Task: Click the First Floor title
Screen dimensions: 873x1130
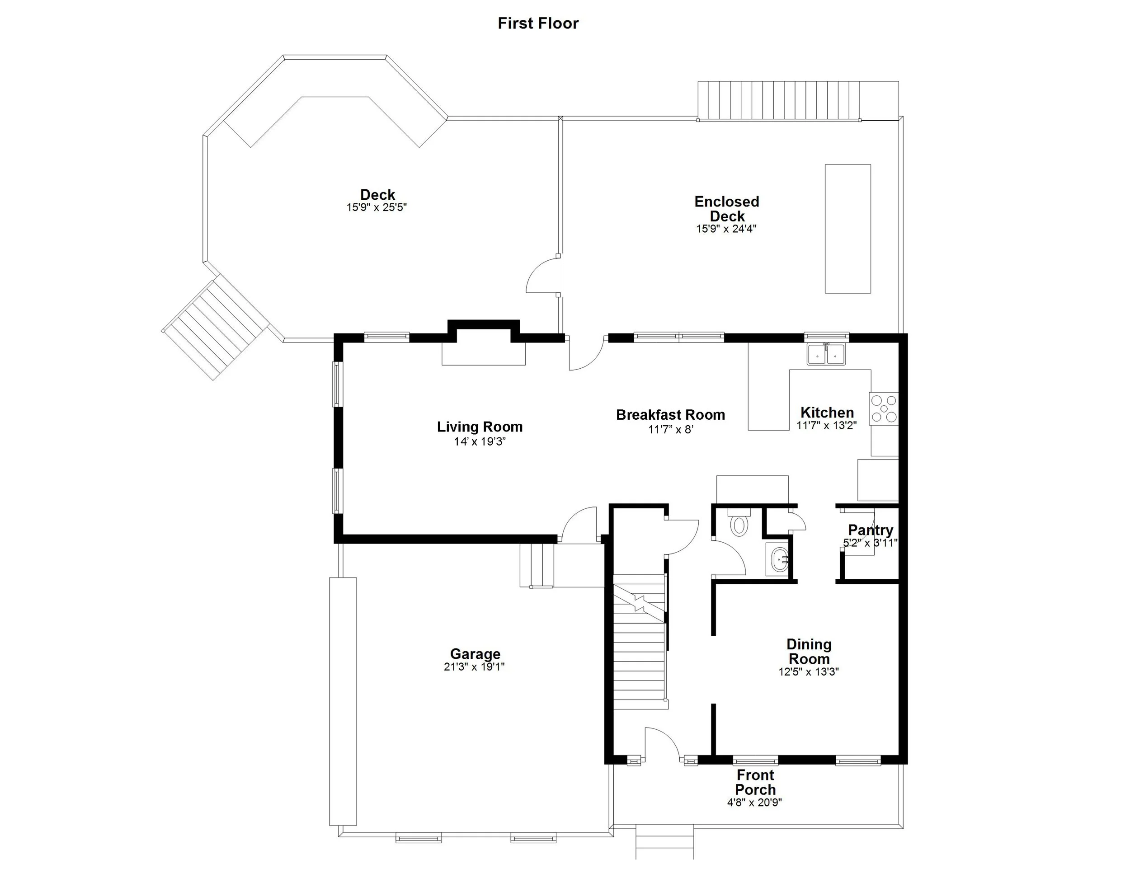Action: [537, 23]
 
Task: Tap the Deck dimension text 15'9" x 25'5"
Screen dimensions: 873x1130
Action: [377, 207]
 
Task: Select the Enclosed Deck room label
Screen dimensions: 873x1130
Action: [726, 208]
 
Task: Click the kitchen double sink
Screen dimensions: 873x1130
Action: [826, 355]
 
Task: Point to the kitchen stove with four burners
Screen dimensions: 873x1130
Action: [884, 408]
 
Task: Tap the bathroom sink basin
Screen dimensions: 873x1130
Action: [777, 559]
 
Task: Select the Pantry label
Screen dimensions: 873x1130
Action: [870, 530]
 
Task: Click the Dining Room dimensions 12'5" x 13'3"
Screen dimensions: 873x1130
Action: [808, 672]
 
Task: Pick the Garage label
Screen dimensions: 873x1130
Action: [475, 654]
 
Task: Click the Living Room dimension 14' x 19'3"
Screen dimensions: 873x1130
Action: [480, 441]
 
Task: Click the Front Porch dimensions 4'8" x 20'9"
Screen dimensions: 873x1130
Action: [754, 803]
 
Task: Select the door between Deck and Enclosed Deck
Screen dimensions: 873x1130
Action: [543, 277]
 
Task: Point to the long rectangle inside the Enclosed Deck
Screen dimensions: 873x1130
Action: [847, 229]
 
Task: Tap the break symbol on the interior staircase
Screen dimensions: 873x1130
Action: [640, 602]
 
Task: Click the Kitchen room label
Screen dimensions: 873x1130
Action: [827, 412]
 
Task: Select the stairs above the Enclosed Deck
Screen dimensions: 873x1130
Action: [779, 100]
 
